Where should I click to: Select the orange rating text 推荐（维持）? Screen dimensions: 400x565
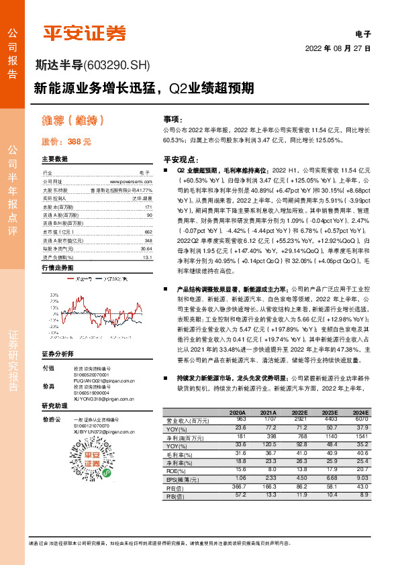coord(74,121)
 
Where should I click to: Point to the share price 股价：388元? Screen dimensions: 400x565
coord(66,142)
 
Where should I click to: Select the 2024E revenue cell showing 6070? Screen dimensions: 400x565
coord(361,419)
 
